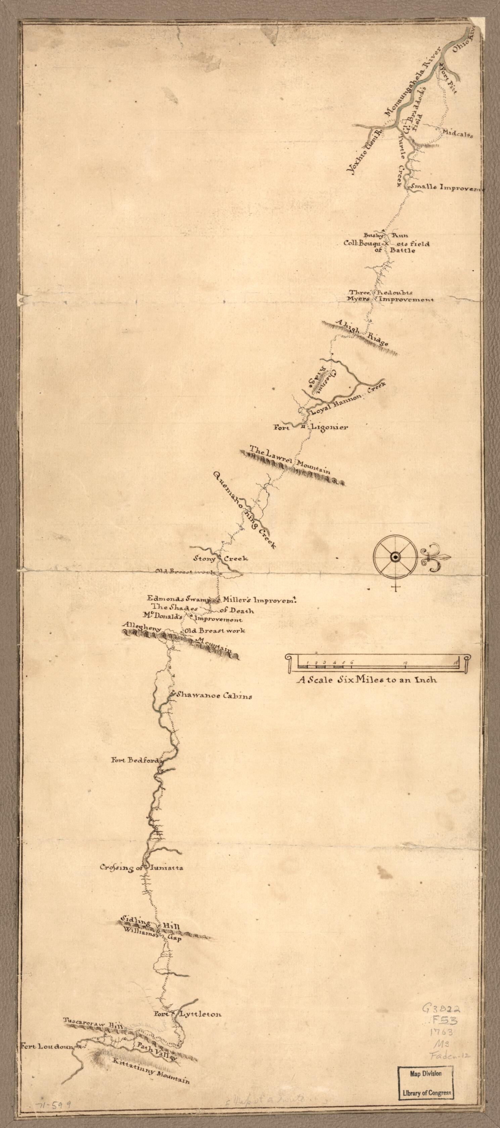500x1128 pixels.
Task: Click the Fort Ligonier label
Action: point(311,427)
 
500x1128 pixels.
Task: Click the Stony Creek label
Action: point(221,558)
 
